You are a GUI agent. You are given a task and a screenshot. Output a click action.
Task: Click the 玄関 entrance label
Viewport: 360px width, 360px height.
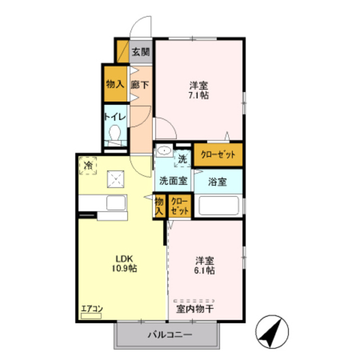point(141,52)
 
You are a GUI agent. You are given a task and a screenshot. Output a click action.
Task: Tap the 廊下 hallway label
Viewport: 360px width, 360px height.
point(139,85)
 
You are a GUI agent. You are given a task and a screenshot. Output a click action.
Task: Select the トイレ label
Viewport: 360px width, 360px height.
point(115,117)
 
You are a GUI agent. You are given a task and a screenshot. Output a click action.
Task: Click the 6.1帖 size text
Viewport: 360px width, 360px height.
point(205,270)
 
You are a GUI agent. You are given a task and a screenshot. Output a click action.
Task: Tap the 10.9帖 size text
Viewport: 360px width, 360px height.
point(125,268)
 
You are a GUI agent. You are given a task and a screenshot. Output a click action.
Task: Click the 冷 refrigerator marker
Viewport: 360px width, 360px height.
point(88,165)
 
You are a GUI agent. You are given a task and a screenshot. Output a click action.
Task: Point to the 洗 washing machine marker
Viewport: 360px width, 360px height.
point(182,159)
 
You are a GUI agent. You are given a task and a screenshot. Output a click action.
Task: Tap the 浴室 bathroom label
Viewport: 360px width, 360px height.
point(217,182)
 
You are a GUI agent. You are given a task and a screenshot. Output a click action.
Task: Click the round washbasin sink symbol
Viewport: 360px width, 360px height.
point(165,151)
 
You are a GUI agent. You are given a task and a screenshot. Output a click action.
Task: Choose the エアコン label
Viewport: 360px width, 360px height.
point(90,308)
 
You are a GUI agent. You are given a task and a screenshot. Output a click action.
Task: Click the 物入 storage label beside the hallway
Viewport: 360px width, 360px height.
point(115,85)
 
